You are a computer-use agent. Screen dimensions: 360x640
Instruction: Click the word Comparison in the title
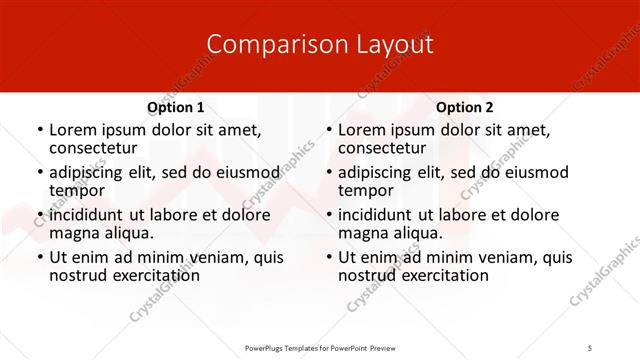[265, 45]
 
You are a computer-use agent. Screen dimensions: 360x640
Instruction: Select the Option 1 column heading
[176, 107]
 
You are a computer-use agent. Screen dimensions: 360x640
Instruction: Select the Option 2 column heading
[465, 107]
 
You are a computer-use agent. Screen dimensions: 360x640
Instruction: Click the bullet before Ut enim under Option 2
[328, 258]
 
